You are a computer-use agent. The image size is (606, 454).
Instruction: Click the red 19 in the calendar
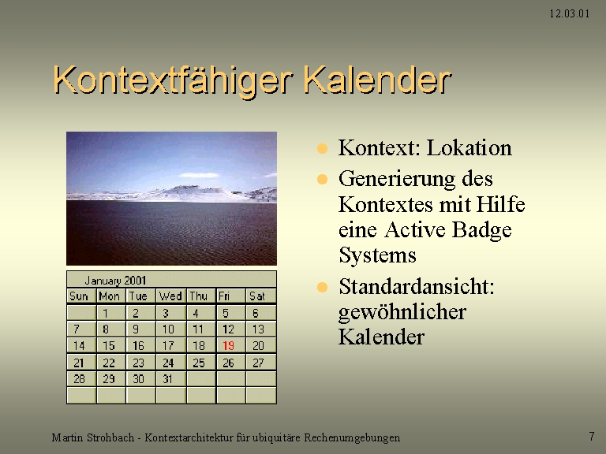coord(228,345)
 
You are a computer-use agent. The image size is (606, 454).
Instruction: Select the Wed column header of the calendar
coord(170,296)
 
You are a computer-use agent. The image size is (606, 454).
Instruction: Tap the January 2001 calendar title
coord(115,281)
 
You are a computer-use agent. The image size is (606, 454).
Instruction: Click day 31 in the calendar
coord(167,378)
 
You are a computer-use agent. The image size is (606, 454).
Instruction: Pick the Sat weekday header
coord(257,296)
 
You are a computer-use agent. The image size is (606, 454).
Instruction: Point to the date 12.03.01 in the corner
coord(569,14)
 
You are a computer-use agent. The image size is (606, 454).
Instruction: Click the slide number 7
coord(592,436)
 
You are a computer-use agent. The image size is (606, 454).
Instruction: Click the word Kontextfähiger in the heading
coord(173,80)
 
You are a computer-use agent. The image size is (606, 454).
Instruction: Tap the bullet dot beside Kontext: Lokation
coord(322,149)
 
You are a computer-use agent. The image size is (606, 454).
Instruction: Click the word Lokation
coord(469,148)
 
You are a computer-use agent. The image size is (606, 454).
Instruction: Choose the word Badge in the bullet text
coord(481,231)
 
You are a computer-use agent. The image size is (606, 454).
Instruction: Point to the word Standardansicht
coord(417,287)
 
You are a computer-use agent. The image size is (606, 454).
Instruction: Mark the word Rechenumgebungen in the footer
coord(352,438)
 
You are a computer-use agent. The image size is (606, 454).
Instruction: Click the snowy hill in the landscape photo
coord(189,192)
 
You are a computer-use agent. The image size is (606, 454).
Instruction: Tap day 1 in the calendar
coord(105,313)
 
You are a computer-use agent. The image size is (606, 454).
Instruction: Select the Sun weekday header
coord(79,296)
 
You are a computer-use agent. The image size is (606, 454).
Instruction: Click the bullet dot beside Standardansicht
coord(322,287)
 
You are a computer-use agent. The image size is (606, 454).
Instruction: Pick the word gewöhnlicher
coord(402,312)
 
